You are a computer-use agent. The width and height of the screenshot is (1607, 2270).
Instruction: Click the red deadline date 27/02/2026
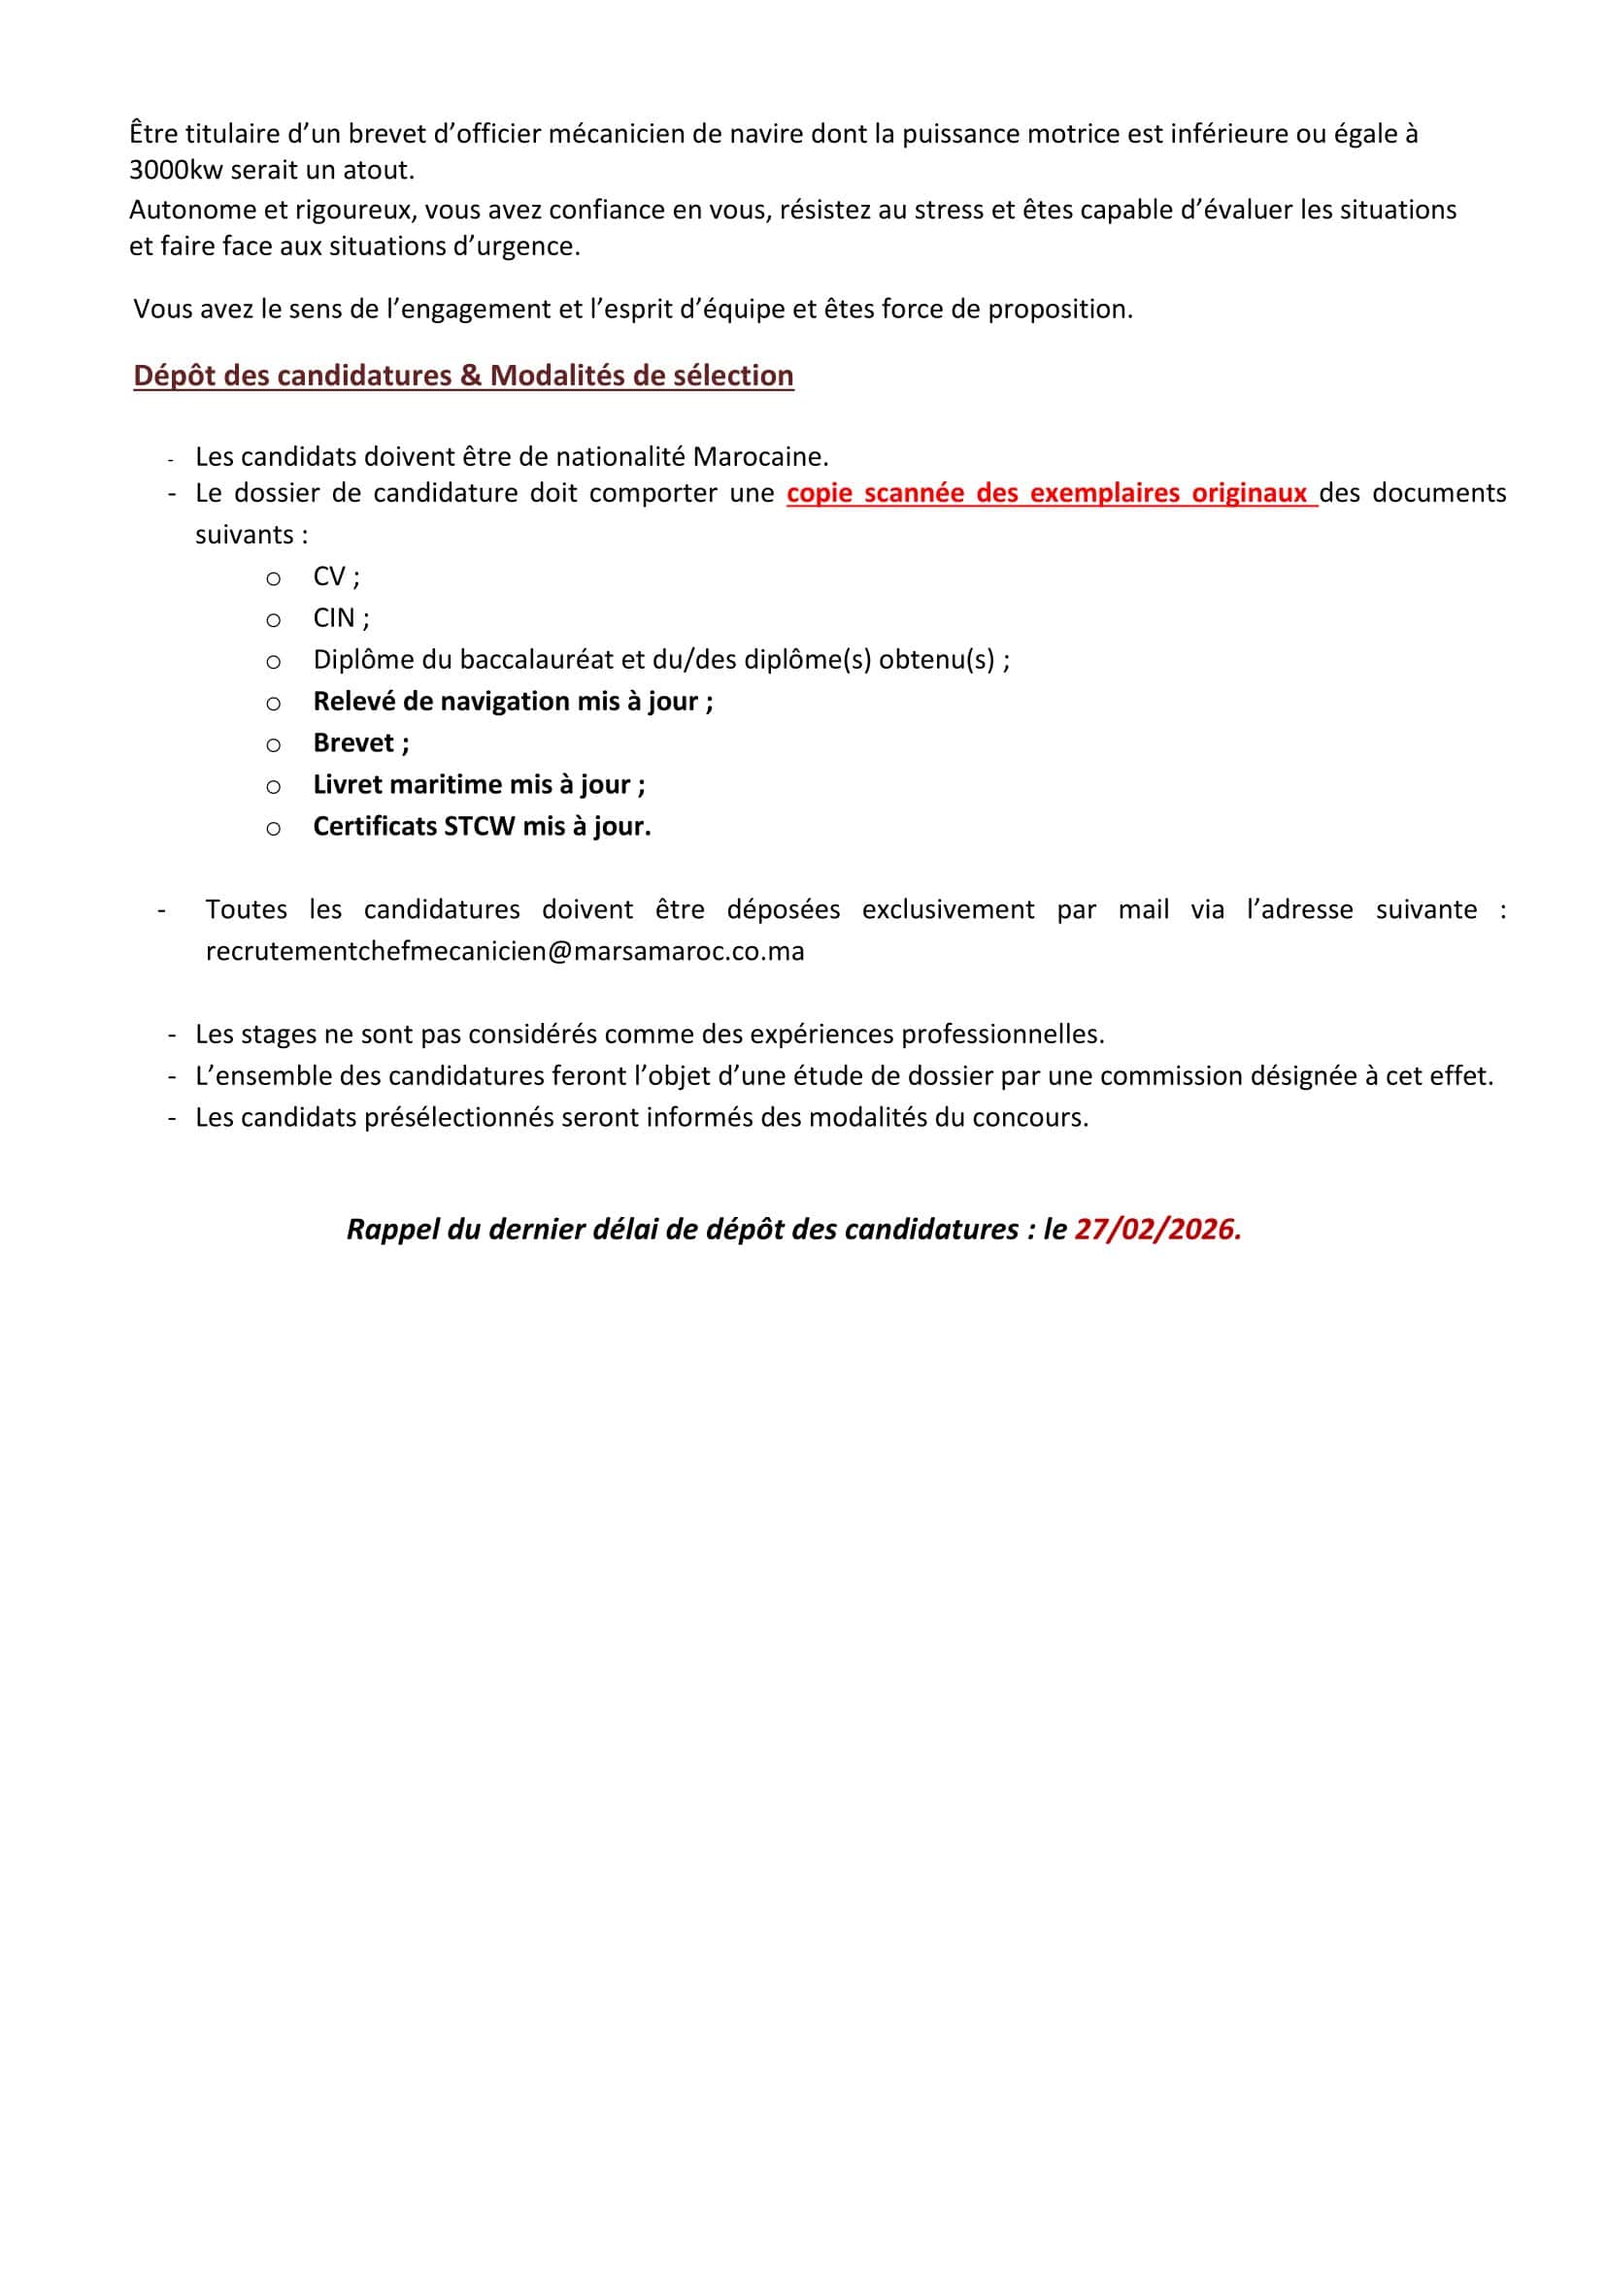click(x=1156, y=1229)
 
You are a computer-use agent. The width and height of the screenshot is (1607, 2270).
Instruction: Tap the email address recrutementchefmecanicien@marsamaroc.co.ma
click(x=505, y=951)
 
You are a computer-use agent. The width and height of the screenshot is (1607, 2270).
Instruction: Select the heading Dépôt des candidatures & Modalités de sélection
click(x=463, y=376)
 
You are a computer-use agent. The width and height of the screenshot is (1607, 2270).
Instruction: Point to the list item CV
click(x=329, y=576)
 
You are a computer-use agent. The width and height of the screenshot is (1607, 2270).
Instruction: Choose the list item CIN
click(x=334, y=618)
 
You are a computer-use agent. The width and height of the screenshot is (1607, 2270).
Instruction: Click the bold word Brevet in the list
click(x=353, y=742)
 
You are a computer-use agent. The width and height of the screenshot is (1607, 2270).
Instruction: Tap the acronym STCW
click(x=479, y=826)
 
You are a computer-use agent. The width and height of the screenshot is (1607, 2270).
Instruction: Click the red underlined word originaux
click(x=1249, y=493)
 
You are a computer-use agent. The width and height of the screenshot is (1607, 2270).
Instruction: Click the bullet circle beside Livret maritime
click(x=273, y=786)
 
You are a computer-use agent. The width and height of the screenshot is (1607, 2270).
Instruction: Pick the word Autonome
click(x=187, y=210)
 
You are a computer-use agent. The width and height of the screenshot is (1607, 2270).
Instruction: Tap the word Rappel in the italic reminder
click(x=393, y=1229)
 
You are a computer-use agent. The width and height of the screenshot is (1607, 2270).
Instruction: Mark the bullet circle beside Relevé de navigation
click(x=273, y=704)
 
